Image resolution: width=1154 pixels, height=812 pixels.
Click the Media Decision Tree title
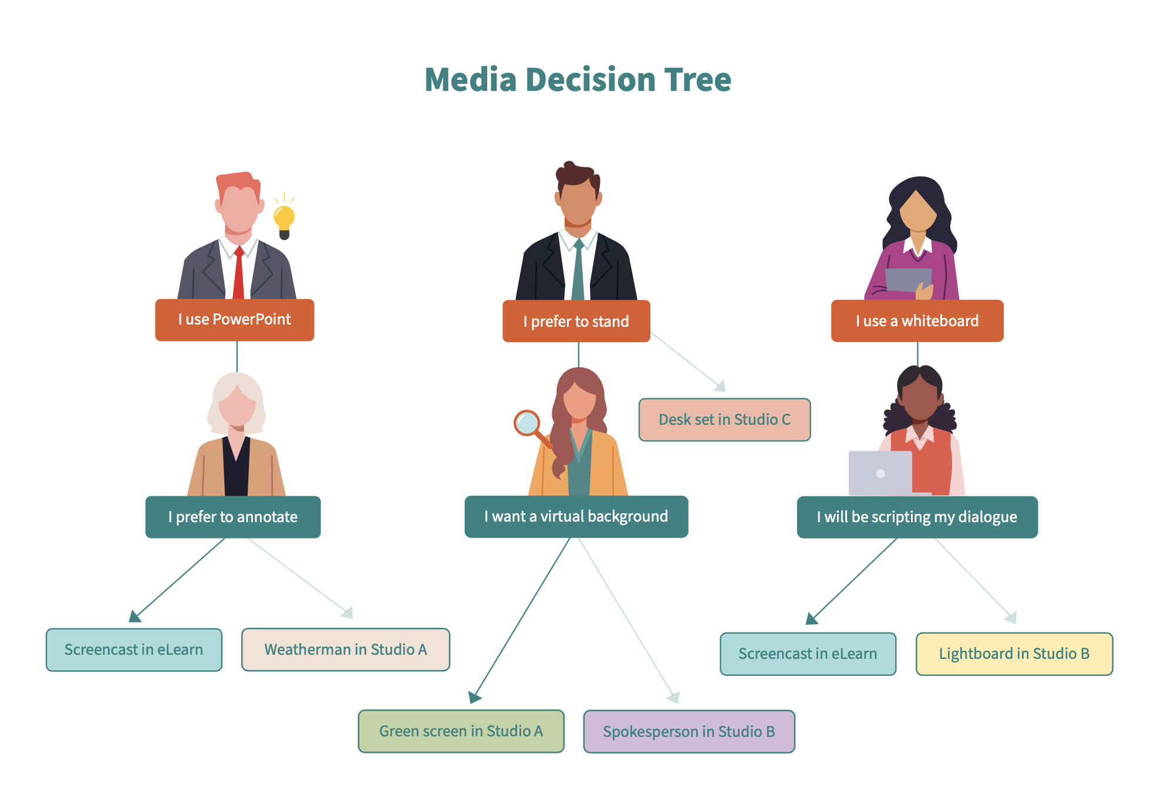point(578,80)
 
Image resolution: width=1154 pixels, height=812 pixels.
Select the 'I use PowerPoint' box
point(234,320)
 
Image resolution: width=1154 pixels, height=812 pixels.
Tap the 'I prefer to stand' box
point(576,321)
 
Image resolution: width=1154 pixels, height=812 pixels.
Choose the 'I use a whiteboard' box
point(917,321)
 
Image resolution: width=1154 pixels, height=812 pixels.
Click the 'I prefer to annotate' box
point(233,517)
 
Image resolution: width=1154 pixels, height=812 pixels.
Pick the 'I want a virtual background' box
point(576,516)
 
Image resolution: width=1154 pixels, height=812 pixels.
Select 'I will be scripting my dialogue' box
point(917,517)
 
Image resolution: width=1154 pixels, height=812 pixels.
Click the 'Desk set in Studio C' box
point(724,419)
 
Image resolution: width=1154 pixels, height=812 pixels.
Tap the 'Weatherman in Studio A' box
point(345,649)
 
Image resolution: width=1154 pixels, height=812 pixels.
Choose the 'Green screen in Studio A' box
point(461,731)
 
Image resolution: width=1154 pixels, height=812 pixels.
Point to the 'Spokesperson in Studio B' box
point(689,732)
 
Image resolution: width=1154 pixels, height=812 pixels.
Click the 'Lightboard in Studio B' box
point(1014,654)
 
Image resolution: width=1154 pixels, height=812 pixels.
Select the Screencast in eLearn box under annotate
point(134,649)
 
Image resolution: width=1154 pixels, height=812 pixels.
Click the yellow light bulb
point(284,219)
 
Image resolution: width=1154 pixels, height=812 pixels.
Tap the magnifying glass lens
point(527,422)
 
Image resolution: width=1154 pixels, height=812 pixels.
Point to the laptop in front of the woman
point(880,473)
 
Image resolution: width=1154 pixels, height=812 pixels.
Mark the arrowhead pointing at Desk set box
point(720,385)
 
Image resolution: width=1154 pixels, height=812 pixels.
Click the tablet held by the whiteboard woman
point(907,279)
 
